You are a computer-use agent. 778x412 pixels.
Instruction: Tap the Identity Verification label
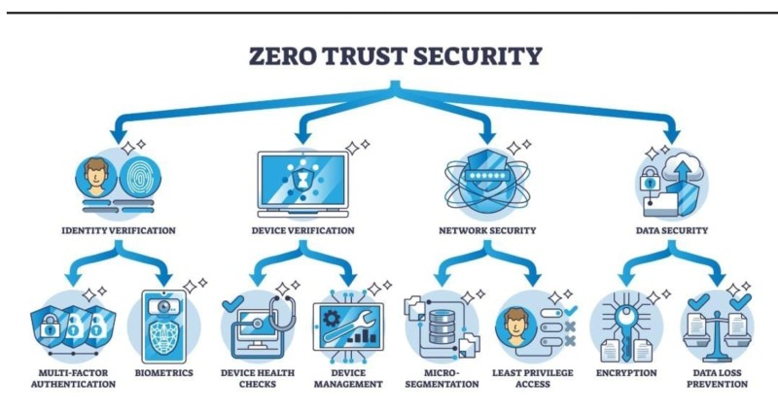(x=117, y=231)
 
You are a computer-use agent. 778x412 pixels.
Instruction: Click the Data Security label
(x=671, y=231)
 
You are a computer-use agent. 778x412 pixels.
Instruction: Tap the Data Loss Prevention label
(x=715, y=378)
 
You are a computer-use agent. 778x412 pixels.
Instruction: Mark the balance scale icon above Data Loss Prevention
(x=715, y=326)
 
